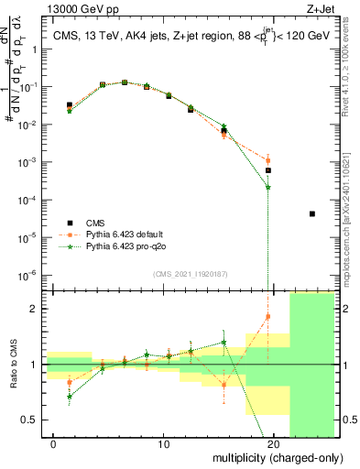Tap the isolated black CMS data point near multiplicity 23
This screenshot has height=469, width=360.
[312, 214]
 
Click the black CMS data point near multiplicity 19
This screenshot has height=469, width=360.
[268, 170]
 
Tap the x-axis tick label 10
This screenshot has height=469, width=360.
[163, 443]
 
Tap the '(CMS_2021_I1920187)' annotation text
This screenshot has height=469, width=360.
[190, 273]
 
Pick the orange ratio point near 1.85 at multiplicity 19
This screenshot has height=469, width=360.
[268, 317]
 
